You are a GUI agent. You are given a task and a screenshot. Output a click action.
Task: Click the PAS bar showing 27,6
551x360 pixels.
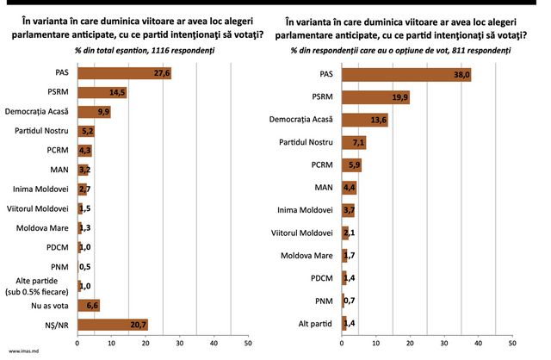124,73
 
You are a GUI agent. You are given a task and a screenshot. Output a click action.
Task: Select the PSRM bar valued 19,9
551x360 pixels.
375,97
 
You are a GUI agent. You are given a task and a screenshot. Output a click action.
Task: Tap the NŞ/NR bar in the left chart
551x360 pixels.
113,325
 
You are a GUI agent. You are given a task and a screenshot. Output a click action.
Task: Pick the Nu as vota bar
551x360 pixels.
89,306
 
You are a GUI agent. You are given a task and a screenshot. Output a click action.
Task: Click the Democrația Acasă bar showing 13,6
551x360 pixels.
365,120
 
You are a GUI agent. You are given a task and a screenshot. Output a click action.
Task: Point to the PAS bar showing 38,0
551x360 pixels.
406,75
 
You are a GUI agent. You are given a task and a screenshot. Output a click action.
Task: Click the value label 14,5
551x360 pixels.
117,92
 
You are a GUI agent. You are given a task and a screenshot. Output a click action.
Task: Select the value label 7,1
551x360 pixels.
358,143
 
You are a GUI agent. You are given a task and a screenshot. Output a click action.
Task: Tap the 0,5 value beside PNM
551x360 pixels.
84,267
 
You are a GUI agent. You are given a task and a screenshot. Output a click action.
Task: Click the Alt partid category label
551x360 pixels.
315,324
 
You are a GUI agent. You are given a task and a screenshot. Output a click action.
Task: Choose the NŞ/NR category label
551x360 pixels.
57,326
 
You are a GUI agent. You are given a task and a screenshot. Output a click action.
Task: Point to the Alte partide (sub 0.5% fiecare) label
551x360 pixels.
37,286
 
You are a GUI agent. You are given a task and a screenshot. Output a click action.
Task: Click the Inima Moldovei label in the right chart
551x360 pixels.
305,210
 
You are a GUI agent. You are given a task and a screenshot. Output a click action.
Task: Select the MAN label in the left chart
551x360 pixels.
59,170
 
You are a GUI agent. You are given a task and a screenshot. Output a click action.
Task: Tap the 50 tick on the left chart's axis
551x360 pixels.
248,343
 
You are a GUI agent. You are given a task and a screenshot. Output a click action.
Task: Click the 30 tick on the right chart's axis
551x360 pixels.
444,343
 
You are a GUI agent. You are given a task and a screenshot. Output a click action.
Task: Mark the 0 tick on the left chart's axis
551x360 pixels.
77,343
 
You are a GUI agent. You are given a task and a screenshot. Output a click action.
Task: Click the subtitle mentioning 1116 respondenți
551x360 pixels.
145,51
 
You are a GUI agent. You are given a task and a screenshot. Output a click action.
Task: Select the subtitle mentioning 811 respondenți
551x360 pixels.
400,51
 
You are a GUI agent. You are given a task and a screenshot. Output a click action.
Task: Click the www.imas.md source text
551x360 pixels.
23,351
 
